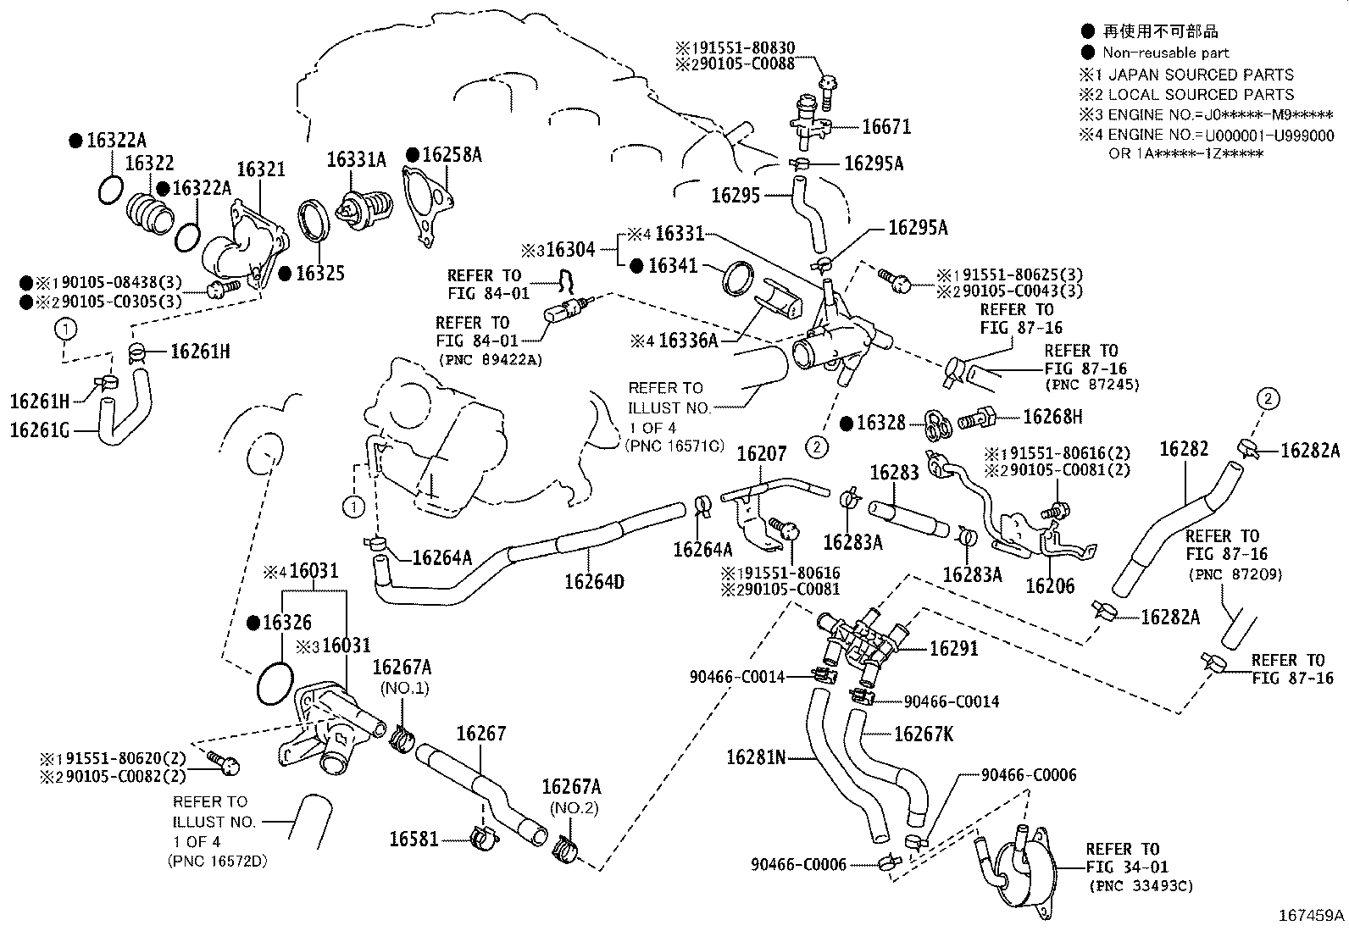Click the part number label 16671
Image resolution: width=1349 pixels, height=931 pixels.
click(x=885, y=127)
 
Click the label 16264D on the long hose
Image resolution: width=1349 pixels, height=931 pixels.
click(x=594, y=582)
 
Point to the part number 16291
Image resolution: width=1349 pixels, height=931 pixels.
click(x=953, y=649)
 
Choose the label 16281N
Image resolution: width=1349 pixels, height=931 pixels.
click(x=757, y=756)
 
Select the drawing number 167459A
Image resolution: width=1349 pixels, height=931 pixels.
click(x=1311, y=915)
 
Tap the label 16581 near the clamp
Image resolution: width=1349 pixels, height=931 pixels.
click(x=414, y=840)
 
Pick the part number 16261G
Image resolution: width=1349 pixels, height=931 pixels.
click(x=41, y=430)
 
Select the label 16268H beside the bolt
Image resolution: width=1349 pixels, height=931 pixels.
click(x=1052, y=417)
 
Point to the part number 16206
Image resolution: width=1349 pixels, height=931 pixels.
click(x=1049, y=585)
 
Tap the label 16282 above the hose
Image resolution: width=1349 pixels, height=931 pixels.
click(x=1183, y=448)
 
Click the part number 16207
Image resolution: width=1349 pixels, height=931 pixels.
click(x=762, y=454)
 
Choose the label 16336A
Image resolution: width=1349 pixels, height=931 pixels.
click(x=687, y=341)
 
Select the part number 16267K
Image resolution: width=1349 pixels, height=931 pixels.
click(x=924, y=734)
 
